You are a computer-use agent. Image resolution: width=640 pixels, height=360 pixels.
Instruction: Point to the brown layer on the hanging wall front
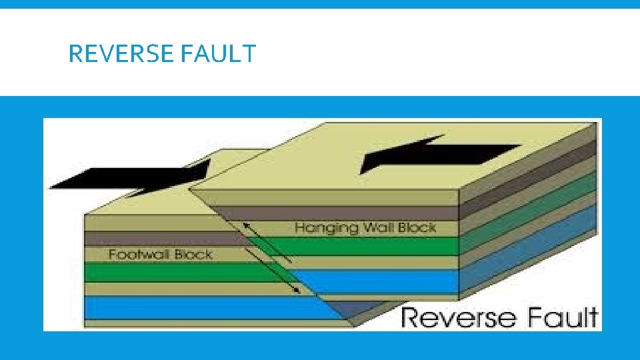tap(333, 213)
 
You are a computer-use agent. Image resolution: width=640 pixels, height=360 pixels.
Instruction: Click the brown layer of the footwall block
tap(160, 238)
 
